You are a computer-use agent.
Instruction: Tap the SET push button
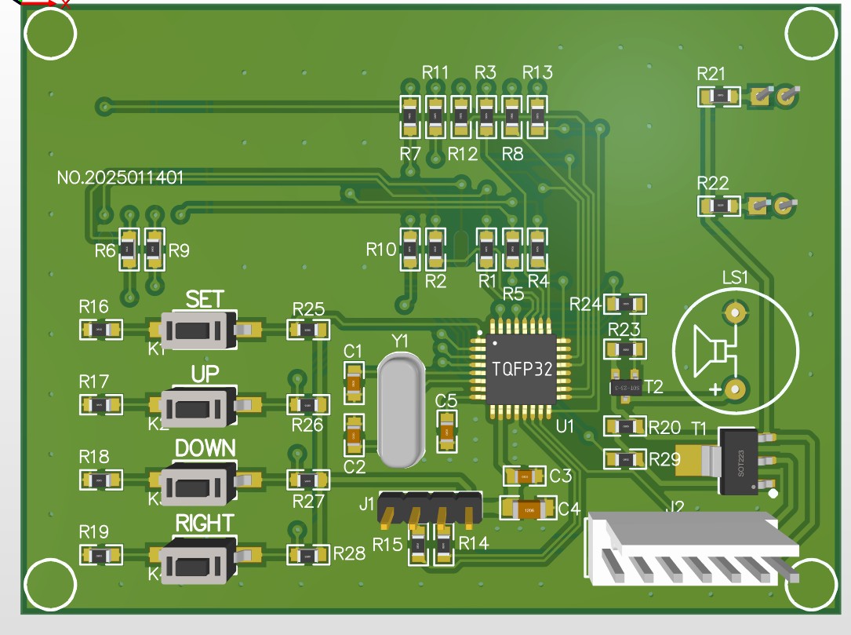coord(198,330)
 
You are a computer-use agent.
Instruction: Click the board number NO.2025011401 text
coord(121,178)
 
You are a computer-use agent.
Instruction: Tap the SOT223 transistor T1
coord(737,460)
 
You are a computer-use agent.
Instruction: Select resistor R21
coord(718,97)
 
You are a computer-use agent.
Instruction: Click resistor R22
coord(718,206)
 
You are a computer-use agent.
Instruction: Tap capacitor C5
coord(446,431)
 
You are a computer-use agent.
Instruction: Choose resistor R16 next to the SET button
coord(101,330)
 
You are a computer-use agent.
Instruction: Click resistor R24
coord(626,304)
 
